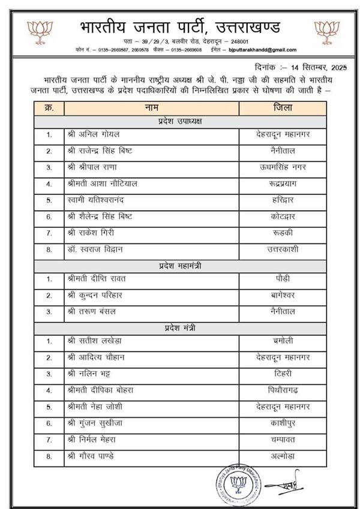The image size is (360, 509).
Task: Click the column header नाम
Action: [151, 108]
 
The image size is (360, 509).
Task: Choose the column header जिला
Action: [282, 108]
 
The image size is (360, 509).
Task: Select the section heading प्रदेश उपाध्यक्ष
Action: [179, 121]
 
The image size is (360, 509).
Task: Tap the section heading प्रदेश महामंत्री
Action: [179, 265]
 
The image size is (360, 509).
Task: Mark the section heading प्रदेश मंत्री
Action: [179, 327]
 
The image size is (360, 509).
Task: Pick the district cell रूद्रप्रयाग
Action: [282, 183]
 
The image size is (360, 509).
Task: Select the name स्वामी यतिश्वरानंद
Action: [101, 199]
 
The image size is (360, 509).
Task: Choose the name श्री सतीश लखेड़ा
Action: [97, 341]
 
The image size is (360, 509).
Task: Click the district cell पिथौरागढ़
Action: [282, 390]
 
